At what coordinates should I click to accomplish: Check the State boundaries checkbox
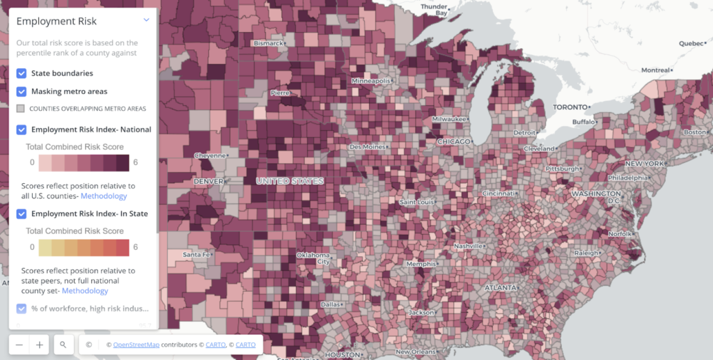point(22,73)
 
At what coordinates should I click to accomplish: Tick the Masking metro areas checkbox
point(22,91)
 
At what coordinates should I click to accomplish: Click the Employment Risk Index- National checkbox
point(22,130)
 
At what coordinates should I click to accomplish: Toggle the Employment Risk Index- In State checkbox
point(22,214)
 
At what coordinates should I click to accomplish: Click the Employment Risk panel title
point(56,22)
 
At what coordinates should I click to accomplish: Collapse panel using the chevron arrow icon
point(146,20)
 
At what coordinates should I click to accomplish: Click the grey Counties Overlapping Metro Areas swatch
point(21,109)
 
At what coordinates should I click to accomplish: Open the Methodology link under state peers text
point(85,290)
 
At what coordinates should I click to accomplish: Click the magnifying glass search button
point(63,344)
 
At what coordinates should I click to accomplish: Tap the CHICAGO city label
point(454,141)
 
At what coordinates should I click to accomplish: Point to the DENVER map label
point(208,181)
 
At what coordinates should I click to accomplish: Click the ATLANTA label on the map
point(500,288)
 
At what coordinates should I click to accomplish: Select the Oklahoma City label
point(313,258)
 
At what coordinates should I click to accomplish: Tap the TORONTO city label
point(571,107)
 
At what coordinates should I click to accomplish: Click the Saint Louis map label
point(418,202)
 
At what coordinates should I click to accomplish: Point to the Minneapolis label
point(371,81)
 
